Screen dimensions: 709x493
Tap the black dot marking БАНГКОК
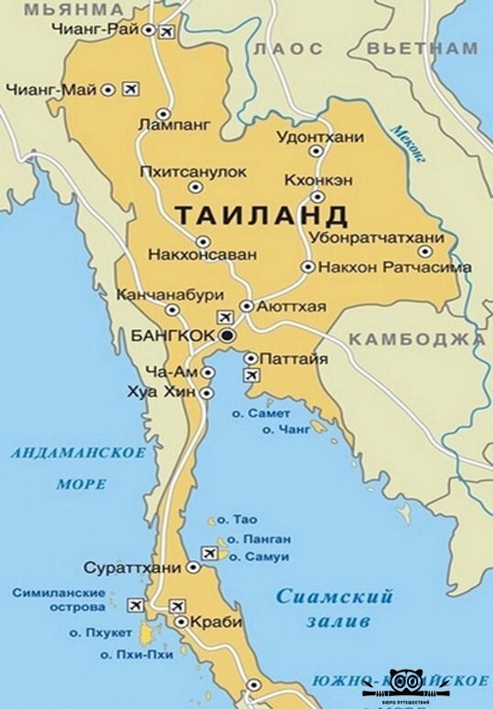tap(228, 336)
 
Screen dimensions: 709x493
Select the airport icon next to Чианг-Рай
tap(166, 33)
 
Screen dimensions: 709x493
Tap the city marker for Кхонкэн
tap(317, 196)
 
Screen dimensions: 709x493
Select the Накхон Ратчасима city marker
tap(308, 267)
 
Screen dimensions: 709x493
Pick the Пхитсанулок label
tap(193, 171)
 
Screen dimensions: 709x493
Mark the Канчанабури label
tap(170, 295)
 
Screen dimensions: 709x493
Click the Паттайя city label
tap(294, 358)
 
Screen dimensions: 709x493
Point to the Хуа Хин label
tap(167, 392)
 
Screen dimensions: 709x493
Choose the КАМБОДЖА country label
tap(416, 339)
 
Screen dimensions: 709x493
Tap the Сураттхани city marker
tap(193, 567)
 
